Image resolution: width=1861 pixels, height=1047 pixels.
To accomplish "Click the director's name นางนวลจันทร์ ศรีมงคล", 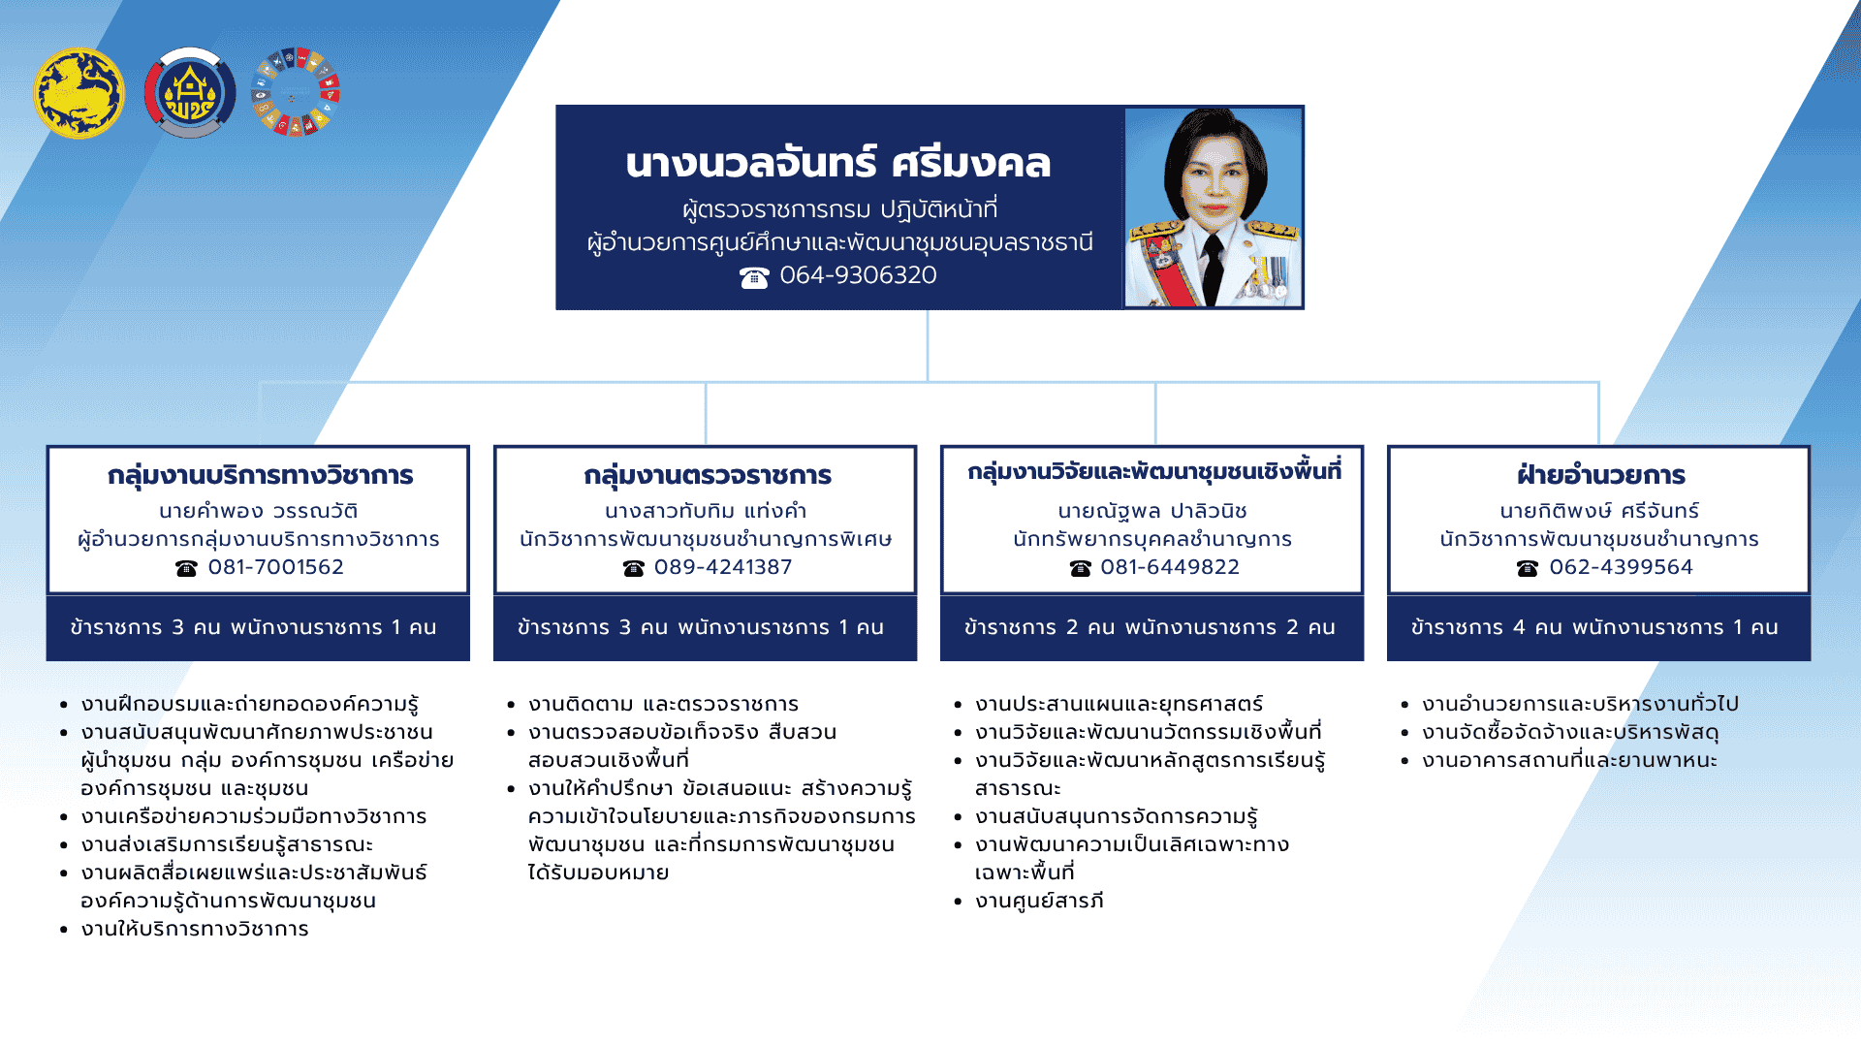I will click(837, 163).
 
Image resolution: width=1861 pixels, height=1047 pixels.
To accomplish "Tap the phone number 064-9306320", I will click(857, 275).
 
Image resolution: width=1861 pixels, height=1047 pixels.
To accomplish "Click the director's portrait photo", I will click(1213, 207).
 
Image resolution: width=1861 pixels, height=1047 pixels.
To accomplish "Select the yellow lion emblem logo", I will click(79, 93).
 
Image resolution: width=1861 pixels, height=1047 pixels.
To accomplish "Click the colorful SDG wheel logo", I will click(296, 92).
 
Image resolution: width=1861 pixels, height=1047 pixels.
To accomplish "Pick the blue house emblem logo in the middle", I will click(190, 93).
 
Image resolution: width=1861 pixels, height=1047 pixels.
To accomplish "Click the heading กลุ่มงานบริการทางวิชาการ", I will click(260, 475).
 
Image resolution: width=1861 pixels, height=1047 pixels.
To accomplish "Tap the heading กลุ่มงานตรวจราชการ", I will click(707, 475).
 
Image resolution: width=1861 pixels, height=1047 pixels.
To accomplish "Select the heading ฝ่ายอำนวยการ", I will click(1600, 475).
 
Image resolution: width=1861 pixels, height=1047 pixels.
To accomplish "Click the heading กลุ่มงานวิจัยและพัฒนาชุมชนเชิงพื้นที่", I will click(1153, 472).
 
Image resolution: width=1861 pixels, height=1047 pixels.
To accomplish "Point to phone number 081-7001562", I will click(275, 567).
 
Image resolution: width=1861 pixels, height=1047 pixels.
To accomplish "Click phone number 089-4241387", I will click(722, 567).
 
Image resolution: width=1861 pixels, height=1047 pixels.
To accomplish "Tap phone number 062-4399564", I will click(1620, 567).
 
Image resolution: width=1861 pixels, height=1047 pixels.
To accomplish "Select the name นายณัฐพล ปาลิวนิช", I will click(1151, 511).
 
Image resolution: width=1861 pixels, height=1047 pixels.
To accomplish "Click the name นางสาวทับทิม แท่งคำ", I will click(706, 511).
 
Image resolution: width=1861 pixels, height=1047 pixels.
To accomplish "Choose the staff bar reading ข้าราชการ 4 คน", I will click(1597, 627).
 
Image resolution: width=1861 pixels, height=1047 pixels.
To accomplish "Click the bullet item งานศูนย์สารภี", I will click(1039, 901).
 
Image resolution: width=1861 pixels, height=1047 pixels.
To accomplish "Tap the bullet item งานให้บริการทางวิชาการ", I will click(195, 929).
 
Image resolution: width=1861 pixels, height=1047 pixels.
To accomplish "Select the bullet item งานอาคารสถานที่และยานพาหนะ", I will click(1569, 760).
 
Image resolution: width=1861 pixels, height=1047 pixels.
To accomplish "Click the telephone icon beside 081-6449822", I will click(1080, 568).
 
